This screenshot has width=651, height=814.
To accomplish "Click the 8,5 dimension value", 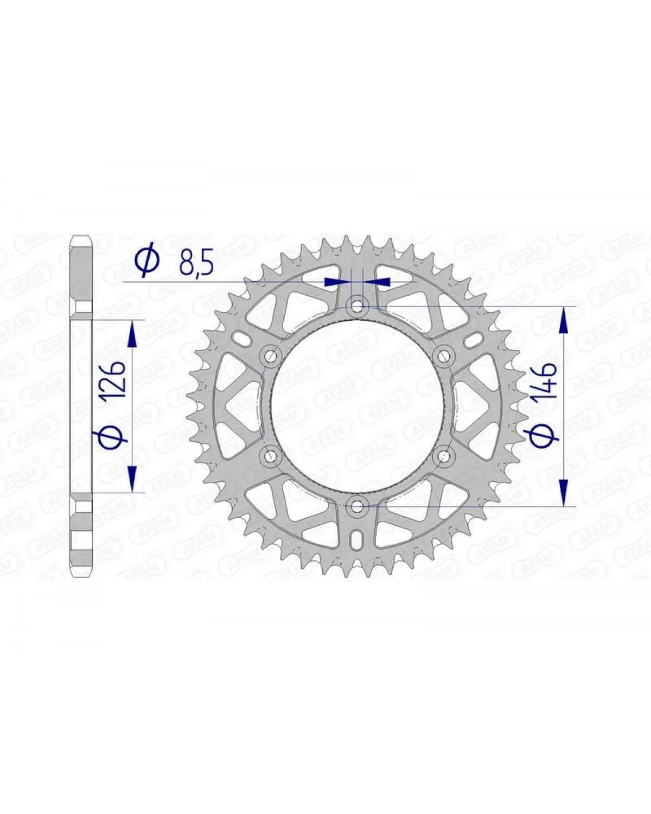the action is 196,262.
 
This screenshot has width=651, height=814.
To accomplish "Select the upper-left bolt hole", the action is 270,355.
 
